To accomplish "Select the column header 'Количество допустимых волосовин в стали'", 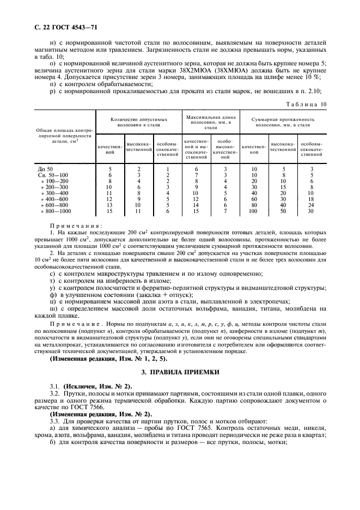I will [x=138, y=121].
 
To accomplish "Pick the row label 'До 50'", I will [x=46, y=169].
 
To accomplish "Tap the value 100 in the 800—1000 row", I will [x=253, y=211].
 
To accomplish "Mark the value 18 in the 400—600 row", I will [x=311, y=199].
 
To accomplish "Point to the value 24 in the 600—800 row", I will [x=311, y=205].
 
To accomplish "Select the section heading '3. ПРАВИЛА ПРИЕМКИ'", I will [x=180, y=372].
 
